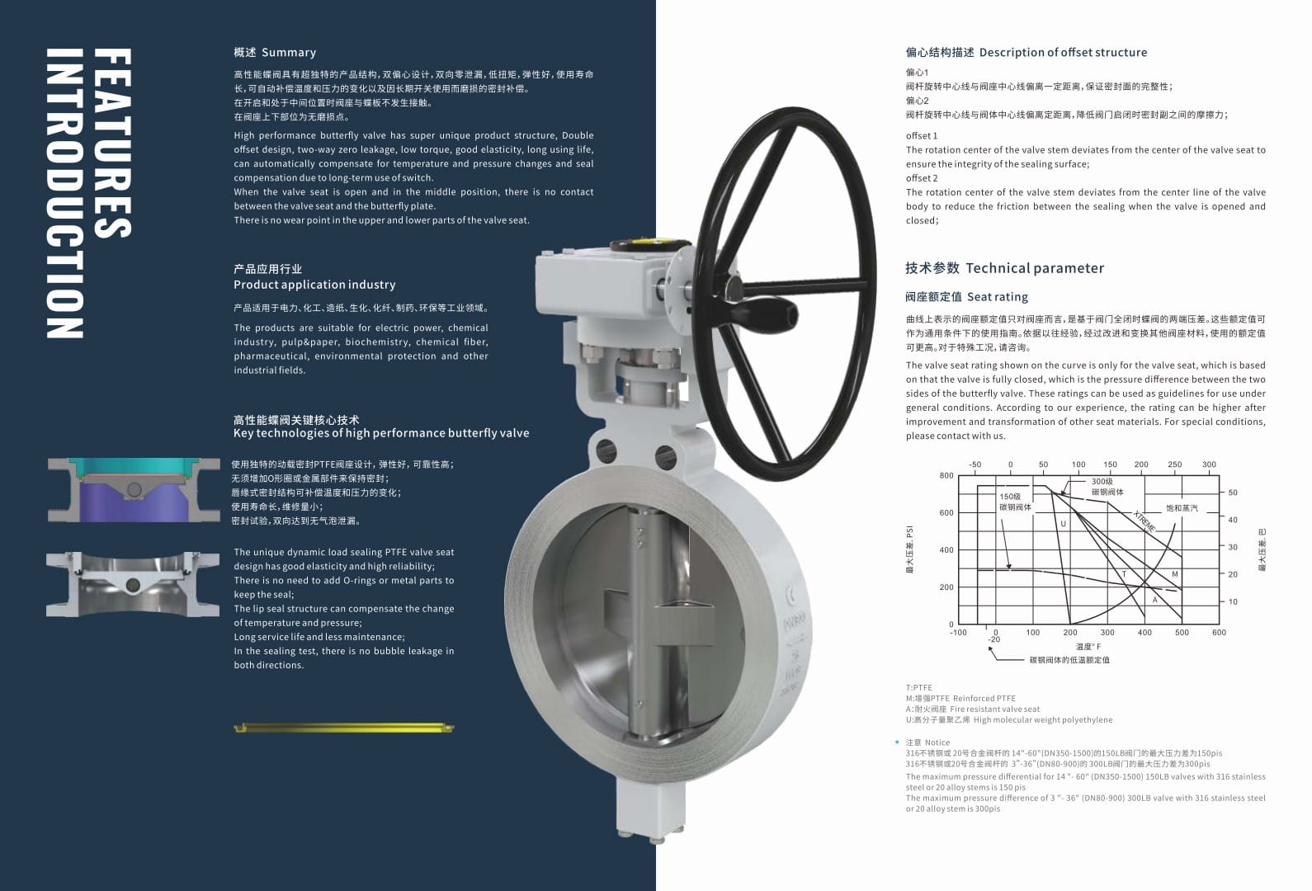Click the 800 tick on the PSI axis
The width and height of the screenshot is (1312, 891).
pos(946,476)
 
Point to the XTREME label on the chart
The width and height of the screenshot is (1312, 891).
pos(1144,521)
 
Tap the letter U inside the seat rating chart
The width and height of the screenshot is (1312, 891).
pos(1063,524)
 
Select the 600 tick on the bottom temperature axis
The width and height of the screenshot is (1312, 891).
pos(1219,633)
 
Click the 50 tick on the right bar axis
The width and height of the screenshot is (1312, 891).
pos(1233,493)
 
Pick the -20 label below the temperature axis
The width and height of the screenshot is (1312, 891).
pos(994,640)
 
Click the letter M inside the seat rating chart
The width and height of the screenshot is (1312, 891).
pos(1174,574)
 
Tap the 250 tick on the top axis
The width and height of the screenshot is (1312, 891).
pos(1174,464)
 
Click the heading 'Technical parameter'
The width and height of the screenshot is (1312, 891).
pos(1034,268)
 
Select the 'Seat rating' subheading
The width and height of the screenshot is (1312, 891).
pos(998,297)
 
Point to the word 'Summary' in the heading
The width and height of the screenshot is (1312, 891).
pos(289,53)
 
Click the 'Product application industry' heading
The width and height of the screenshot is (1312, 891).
pos(314,285)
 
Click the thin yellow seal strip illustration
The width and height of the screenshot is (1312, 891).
pos(344,728)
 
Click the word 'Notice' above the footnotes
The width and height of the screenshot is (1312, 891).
pos(937,742)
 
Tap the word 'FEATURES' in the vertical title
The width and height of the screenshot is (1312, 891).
pos(113,144)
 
